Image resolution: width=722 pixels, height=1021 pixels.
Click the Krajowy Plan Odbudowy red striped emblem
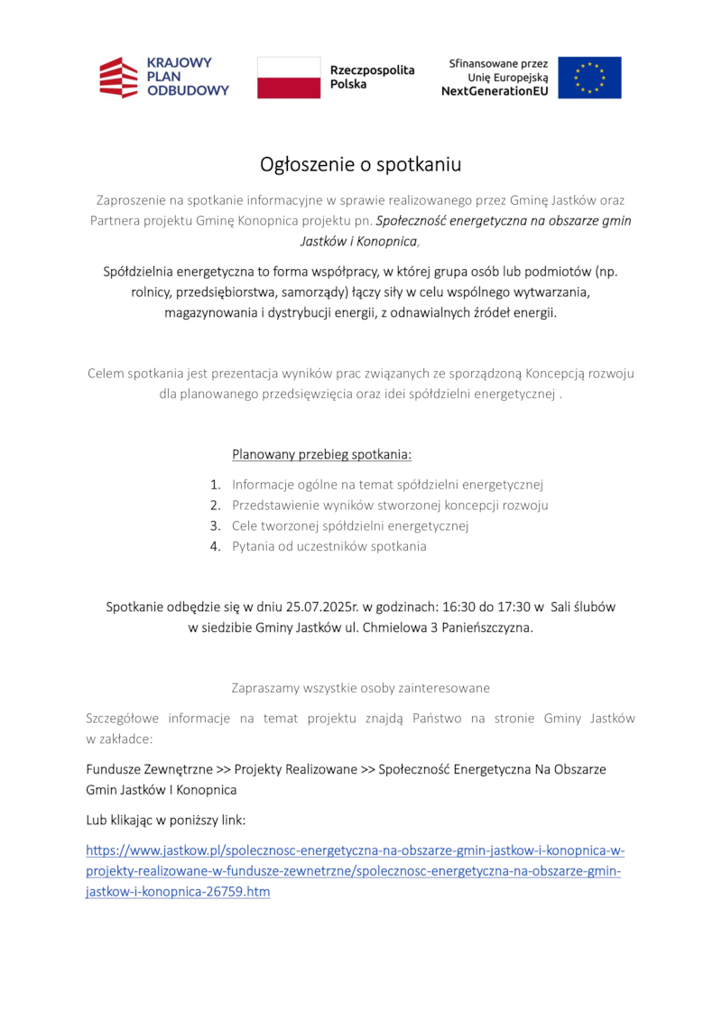(118, 78)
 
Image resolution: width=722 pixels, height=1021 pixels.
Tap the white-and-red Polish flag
(289, 78)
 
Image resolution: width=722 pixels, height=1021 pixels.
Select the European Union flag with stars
(589, 78)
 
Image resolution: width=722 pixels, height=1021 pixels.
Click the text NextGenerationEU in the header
(495, 92)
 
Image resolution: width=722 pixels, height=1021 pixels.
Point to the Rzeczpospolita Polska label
(372, 78)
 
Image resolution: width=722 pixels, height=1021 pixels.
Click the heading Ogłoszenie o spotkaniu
(361, 164)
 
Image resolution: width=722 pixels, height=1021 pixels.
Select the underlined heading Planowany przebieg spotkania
(322, 453)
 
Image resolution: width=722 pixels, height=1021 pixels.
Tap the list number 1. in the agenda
(216, 485)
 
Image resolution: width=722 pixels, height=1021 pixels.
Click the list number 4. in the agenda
(216, 546)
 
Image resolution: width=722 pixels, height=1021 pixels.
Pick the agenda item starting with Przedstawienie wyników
(390, 506)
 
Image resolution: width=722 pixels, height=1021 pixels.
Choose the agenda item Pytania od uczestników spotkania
(329, 546)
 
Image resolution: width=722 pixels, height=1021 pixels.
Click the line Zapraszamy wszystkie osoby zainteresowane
(361, 688)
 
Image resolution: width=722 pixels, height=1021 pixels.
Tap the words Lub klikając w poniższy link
(165, 821)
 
